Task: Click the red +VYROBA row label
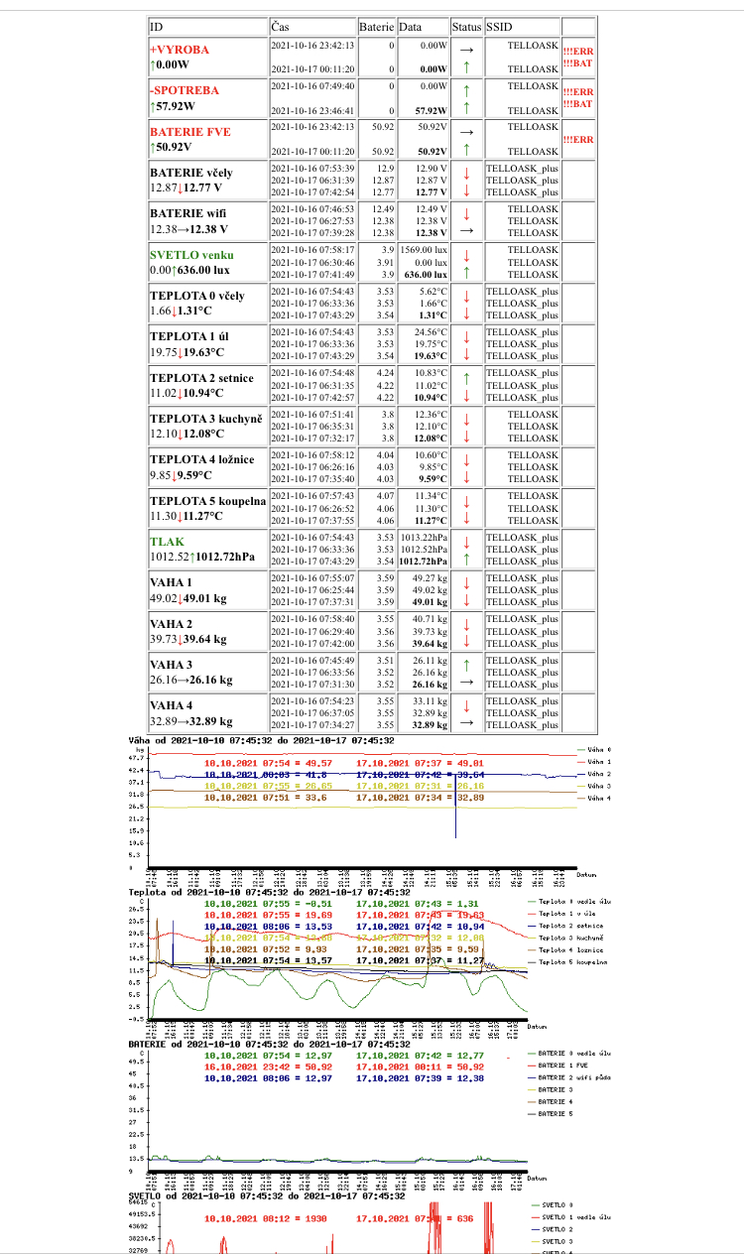(x=180, y=49)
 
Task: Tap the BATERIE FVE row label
(x=190, y=131)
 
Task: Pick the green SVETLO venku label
(x=192, y=255)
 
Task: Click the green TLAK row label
(x=167, y=542)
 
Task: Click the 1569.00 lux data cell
(x=428, y=250)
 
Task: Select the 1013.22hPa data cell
(x=426, y=537)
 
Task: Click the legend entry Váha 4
(x=600, y=798)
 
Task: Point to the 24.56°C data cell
(x=428, y=332)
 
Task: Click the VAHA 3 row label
(x=171, y=664)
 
